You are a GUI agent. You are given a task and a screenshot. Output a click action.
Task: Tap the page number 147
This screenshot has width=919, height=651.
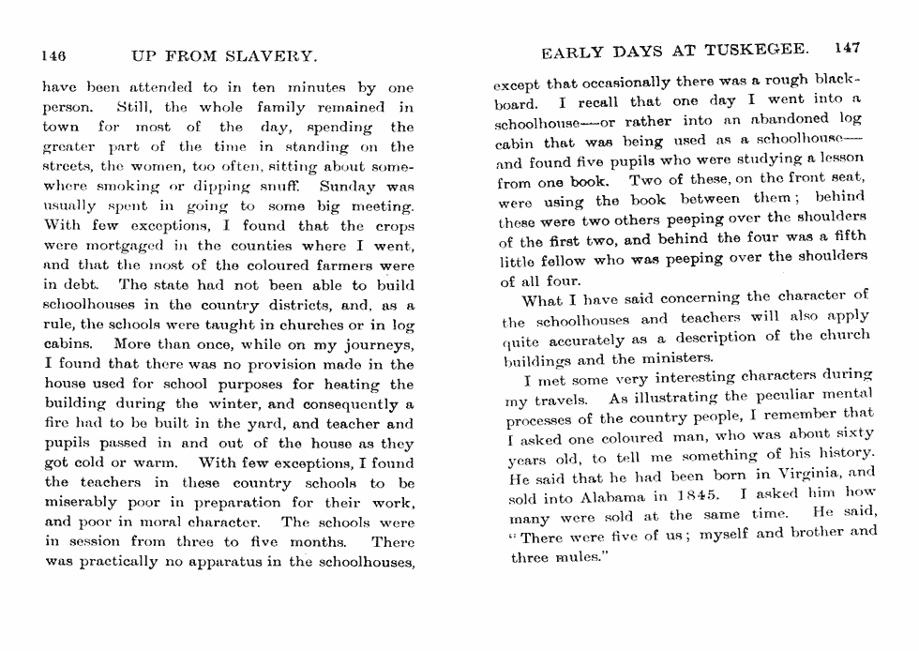pos(845,48)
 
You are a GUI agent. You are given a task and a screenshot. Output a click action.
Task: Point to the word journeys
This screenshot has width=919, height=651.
pos(369,345)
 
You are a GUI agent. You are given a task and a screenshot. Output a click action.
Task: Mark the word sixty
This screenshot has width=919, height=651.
pos(851,433)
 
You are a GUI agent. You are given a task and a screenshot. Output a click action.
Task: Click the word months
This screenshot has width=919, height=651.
pos(316,541)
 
